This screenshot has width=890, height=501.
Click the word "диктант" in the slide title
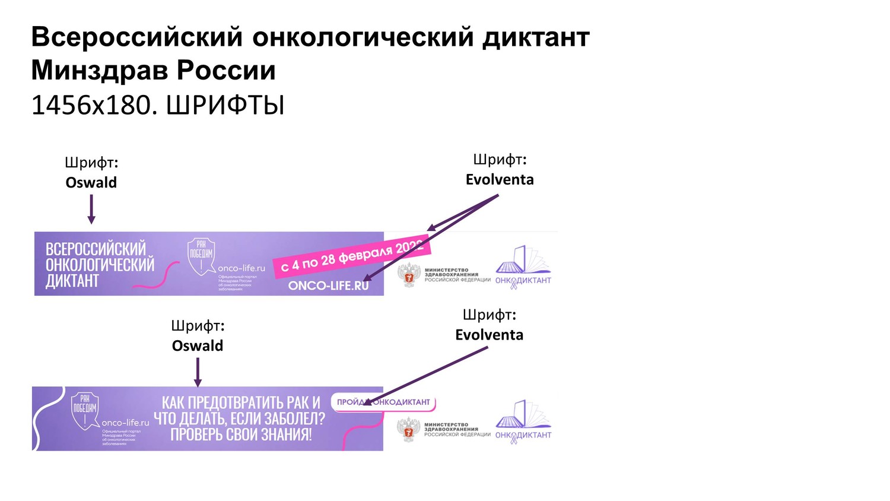tap(536, 37)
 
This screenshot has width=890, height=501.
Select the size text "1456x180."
tap(94, 106)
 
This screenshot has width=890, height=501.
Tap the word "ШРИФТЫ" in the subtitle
tap(225, 106)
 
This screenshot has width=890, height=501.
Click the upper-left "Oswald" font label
tap(91, 182)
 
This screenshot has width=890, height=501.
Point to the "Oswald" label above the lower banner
tap(198, 345)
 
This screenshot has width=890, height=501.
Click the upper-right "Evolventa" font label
tap(500, 179)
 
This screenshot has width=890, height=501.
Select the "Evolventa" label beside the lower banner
tap(489, 335)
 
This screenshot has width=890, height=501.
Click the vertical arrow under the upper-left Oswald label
tap(91, 210)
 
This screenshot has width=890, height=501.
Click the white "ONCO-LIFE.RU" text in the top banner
tap(328, 286)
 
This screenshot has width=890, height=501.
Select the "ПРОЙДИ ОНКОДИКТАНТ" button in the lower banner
tap(383, 402)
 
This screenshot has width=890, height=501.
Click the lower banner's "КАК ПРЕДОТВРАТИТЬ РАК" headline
tap(240, 418)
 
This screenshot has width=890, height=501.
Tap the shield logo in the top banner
tap(201, 256)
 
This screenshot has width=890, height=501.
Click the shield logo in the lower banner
tap(85, 410)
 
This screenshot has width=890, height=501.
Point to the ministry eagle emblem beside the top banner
tap(409, 275)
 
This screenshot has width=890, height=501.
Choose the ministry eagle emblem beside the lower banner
tap(408, 429)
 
